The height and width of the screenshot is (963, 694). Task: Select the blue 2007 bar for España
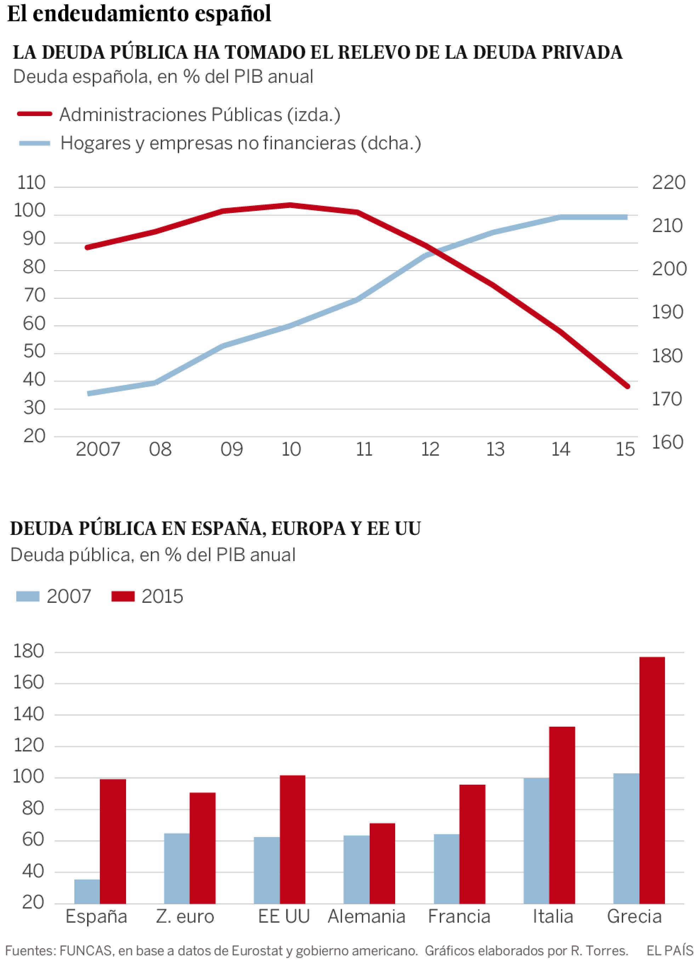pos(87,891)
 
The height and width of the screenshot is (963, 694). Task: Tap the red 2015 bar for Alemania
pos(382,863)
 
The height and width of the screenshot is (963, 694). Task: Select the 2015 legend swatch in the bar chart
pos(123,596)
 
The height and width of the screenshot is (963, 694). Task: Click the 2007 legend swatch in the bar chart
pos(28,596)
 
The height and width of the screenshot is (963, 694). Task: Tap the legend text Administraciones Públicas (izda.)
pos(200,115)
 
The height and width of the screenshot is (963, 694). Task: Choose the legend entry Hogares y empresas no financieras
pos(240,143)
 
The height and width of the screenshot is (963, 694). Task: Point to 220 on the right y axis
pos(669,183)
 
